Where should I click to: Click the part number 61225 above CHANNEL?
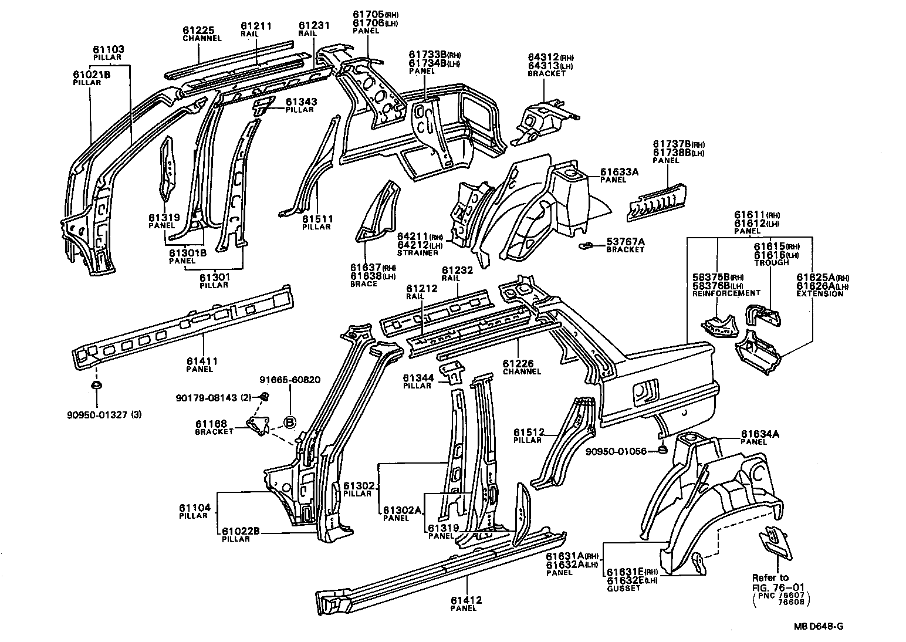pyautogui.click(x=198, y=31)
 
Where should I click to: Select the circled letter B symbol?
pyautogui.click(x=290, y=421)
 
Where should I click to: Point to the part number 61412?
pyautogui.click(x=466, y=600)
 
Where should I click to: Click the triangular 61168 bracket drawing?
pyautogui.click(x=257, y=425)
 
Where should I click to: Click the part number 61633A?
pyautogui.click(x=618, y=172)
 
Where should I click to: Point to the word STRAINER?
pyautogui.click(x=418, y=253)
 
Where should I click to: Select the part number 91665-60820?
pyautogui.click(x=290, y=380)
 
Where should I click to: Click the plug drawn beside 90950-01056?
pyautogui.click(x=660, y=450)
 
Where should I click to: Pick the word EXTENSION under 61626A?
pyautogui.click(x=820, y=293)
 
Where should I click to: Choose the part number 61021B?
pyautogui.click(x=92, y=75)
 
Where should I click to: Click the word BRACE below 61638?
pyautogui.click(x=364, y=283)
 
